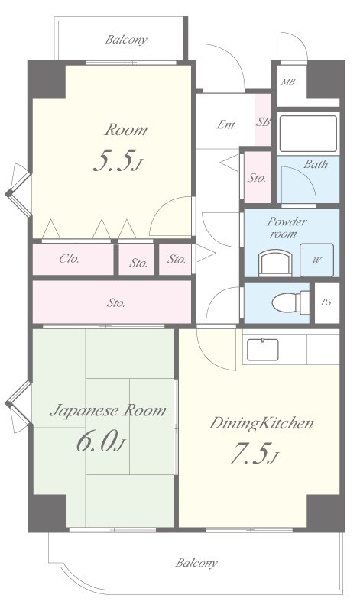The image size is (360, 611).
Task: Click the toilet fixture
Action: (286, 302)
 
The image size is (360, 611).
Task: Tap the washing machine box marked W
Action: (316, 260)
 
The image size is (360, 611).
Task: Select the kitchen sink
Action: (263, 350)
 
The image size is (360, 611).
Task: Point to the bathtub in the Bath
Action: (308, 134)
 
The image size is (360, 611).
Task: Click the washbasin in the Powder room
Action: (275, 263)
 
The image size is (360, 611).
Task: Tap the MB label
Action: (288, 82)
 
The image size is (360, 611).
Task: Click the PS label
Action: (326, 302)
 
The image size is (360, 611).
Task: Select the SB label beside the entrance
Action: (263, 122)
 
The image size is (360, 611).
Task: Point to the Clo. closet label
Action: (70, 258)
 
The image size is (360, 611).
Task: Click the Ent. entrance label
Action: (227, 125)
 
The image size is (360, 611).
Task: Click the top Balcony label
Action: (126, 40)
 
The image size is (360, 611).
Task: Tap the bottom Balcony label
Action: (196, 563)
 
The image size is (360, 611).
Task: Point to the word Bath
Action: (316, 164)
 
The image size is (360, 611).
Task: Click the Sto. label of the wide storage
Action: (116, 303)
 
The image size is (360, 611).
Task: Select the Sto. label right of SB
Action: (257, 179)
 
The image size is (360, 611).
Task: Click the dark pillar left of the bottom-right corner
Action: (323, 512)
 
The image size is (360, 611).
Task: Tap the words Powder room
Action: (287, 228)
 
